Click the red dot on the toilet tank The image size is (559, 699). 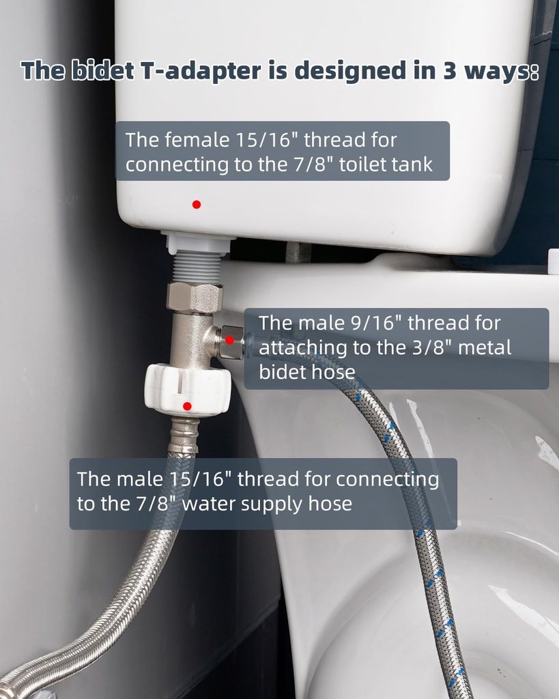[197, 204]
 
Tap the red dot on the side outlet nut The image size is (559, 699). [230, 339]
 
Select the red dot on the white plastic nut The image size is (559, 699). [187, 406]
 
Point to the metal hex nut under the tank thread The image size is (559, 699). [195, 298]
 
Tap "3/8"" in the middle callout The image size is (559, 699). [429, 347]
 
